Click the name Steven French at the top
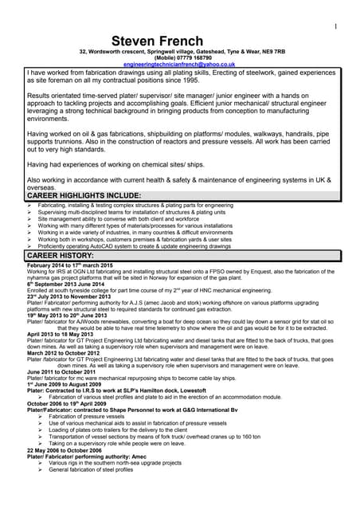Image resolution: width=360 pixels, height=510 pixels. pos(179,41)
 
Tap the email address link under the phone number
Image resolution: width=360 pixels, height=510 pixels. pos(179,64)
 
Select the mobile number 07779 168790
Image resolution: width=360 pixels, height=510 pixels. pos(194,57)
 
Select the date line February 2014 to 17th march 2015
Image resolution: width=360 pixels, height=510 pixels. pos(71,265)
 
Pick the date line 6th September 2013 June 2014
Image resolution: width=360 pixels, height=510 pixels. pos(65,284)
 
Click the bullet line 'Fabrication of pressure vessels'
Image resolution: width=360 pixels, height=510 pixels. pos(97,416)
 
